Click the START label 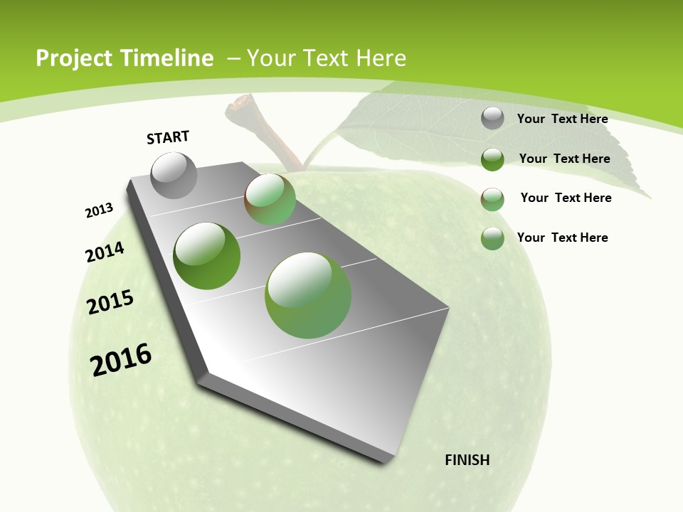pos(168,137)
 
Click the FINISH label pos(467,460)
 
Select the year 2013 pos(99,210)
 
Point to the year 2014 pos(105,252)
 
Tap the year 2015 pos(110,302)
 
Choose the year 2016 pos(121,360)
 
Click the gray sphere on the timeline pos(174,175)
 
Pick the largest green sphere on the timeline pos(308,295)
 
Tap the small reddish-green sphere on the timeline pos(270,199)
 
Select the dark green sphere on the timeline pos(207,256)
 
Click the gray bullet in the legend pos(492,119)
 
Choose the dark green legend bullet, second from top pos(492,159)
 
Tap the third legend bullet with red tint pos(492,199)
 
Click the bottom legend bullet pos(492,238)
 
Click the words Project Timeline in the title pos(125,58)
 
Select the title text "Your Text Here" pos(327,58)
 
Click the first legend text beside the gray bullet pos(563,119)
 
